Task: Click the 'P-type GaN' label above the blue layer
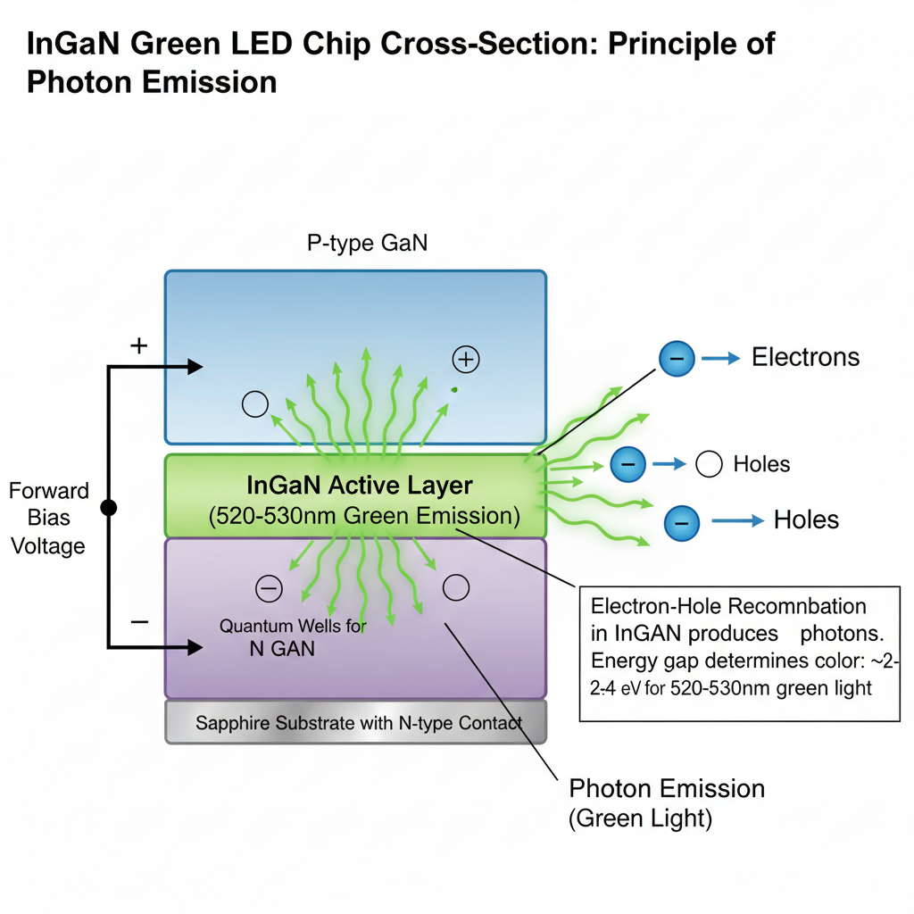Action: tap(367, 244)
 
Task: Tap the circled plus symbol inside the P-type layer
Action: tap(466, 360)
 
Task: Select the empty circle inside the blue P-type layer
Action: tap(255, 404)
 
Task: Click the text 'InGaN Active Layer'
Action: tap(359, 486)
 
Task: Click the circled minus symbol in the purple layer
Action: tap(269, 588)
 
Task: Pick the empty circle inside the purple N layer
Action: tap(456, 587)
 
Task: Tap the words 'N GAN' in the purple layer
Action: tap(282, 649)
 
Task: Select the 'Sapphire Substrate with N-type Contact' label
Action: tap(358, 723)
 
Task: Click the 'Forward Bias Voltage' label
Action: tap(49, 518)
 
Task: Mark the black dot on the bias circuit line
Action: tap(109, 508)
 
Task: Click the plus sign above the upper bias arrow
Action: tap(139, 346)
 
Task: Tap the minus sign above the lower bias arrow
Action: tap(139, 621)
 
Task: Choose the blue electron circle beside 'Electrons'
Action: tap(677, 358)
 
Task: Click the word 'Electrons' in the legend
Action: tap(805, 358)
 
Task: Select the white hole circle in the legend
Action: tap(709, 464)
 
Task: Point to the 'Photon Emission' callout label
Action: tap(667, 789)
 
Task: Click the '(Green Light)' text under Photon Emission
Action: tap(640, 819)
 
